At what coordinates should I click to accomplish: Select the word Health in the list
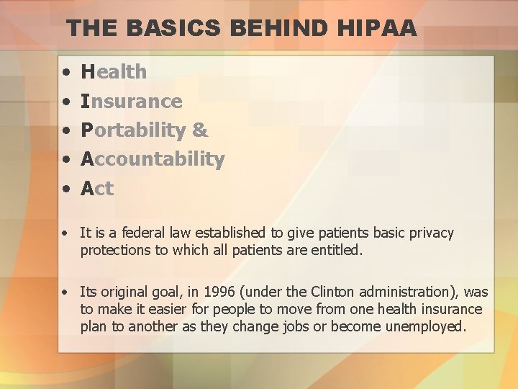pyautogui.click(x=114, y=72)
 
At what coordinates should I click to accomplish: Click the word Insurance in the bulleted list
pyautogui.click(x=132, y=102)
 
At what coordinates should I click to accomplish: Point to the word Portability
pyautogui.click(x=134, y=130)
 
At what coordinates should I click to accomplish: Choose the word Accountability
pyautogui.click(x=153, y=159)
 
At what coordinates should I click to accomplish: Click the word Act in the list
pyautogui.click(x=97, y=189)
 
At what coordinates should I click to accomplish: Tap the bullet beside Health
pyautogui.click(x=65, y=73)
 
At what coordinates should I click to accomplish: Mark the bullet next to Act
pyautogui.click(x=65, y=189)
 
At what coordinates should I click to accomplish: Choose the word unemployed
pyautogui.click(x=425, y=326)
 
